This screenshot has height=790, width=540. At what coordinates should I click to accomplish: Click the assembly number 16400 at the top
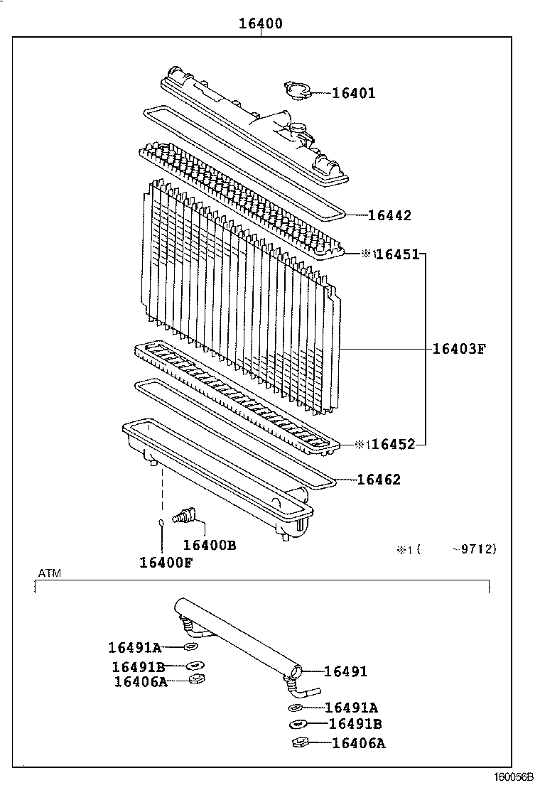pos(261,23)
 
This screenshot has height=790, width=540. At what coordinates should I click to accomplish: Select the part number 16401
pos(353,93)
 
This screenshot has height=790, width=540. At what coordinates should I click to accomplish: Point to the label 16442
pos(389,215)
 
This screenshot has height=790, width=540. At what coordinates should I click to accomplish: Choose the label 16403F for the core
pos(459,348)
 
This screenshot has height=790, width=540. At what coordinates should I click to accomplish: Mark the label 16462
pos(379,480)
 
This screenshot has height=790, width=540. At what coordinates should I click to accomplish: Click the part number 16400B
pos(209,545)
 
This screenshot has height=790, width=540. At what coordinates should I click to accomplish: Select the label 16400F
pos(166,563)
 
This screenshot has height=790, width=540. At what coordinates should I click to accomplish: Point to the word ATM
pos(49,573)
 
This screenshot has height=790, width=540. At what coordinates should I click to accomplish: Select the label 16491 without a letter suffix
pos(346,671)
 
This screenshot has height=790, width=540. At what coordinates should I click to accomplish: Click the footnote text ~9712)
pos(477,548)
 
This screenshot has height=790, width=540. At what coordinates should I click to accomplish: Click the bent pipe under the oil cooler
pos(305,689)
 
